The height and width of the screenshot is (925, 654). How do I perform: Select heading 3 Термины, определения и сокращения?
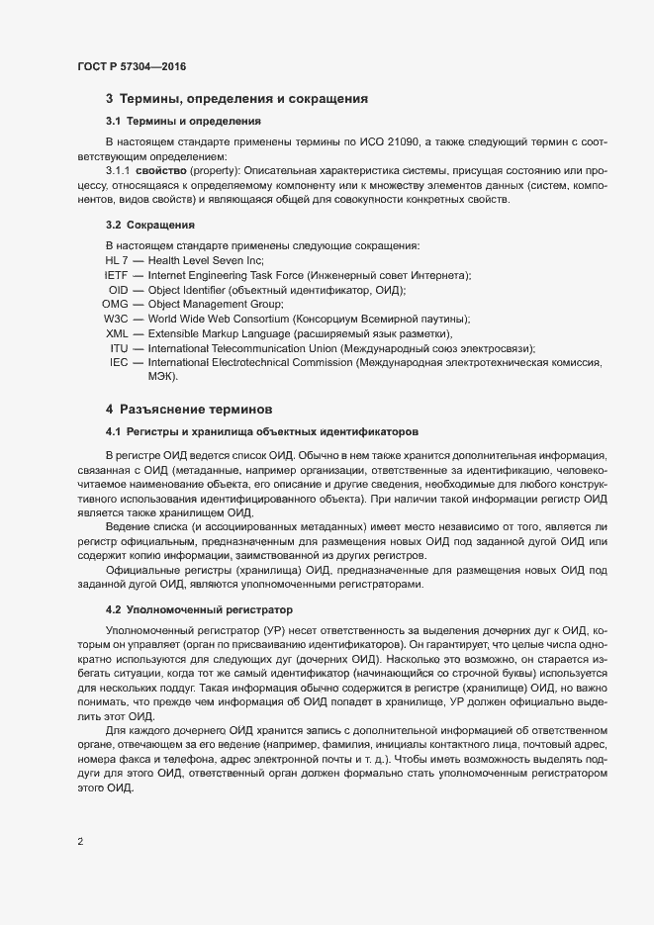click(237, 98)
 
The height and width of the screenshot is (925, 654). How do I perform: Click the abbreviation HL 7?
click(117, 260)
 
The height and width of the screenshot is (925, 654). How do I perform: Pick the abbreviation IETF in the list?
click(116, 275)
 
